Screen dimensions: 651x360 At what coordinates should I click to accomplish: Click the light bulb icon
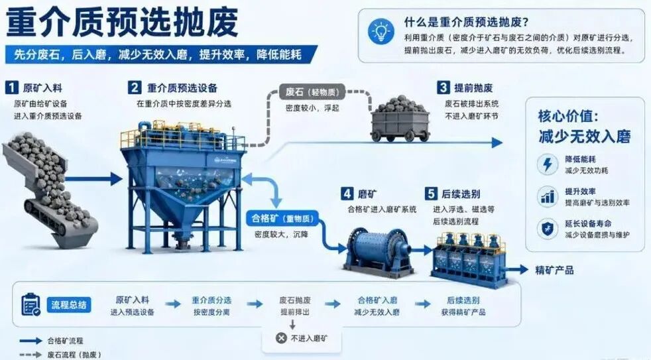[381, 31]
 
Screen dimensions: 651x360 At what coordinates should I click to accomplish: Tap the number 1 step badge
[12, 88]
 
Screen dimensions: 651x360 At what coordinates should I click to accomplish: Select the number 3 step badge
[443, 88]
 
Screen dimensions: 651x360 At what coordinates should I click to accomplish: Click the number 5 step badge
[431, 194]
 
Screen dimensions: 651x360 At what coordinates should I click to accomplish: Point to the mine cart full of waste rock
[399, 119]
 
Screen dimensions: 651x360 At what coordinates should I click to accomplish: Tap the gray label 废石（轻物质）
[312, 91]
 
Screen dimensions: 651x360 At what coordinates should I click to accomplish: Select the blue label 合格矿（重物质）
[282, 218]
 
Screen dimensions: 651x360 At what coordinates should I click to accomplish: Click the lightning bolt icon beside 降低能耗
[548, 164]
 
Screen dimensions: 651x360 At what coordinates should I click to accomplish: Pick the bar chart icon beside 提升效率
[548, 196]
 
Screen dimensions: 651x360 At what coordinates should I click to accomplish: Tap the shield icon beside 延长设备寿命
[548, 228]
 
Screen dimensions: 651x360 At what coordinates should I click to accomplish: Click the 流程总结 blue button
[69, 305]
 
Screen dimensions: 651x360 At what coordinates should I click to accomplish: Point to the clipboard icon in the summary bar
[30, 304]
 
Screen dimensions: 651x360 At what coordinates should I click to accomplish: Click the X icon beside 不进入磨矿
[281, 338]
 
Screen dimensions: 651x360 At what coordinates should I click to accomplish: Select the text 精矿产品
[554, 270]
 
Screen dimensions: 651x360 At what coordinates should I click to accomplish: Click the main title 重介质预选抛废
[121, 22]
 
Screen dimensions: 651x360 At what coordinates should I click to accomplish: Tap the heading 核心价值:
[568, 116]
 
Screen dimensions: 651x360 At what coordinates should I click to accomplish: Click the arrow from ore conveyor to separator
[94, 180]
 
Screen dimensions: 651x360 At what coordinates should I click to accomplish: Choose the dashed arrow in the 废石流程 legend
[30, 355]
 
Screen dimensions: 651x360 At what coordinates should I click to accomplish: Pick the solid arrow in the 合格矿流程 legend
[30, 341]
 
